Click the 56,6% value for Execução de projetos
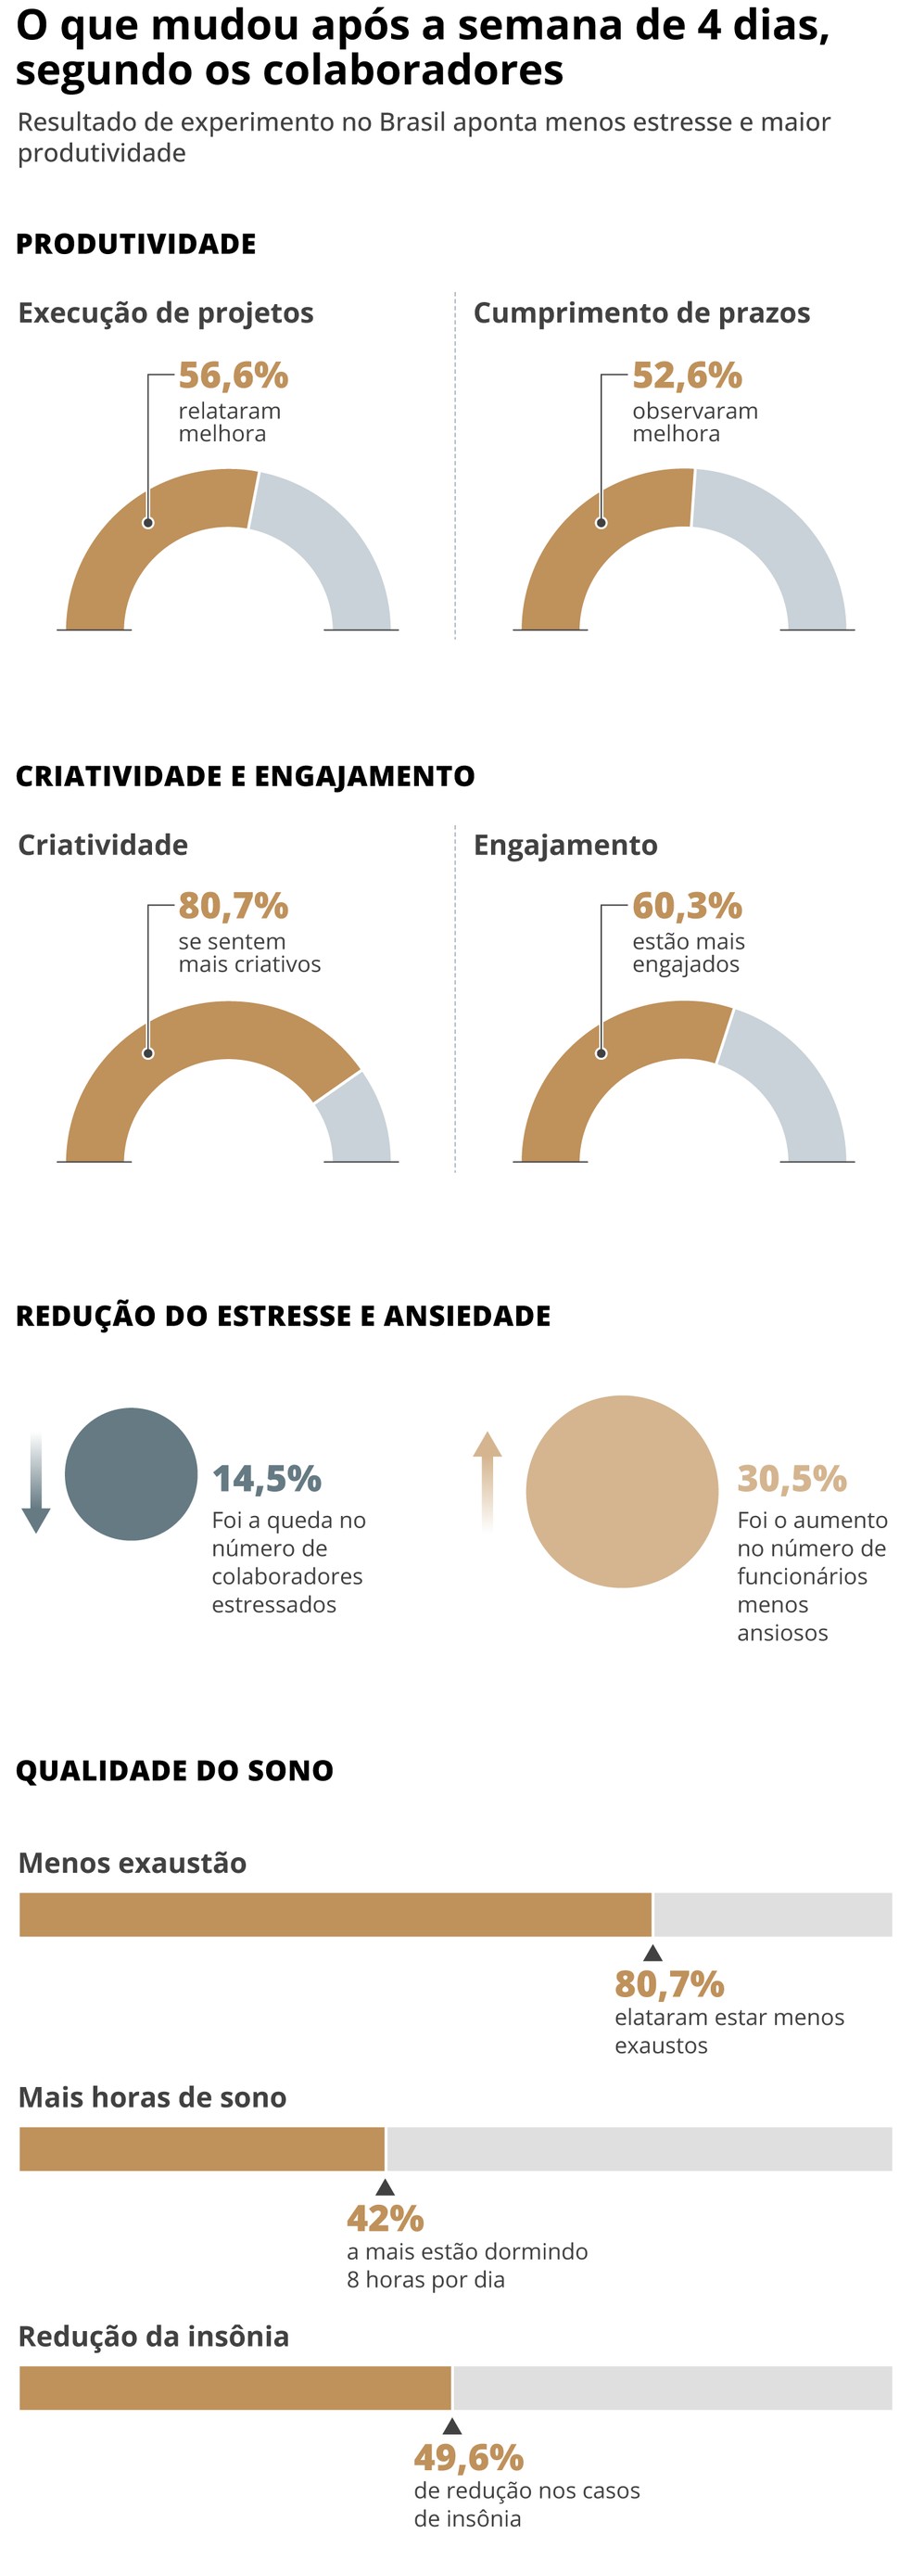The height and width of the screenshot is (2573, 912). point(233,376)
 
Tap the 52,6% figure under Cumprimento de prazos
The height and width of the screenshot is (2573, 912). point(688,376)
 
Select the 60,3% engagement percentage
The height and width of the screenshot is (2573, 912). point(688,906)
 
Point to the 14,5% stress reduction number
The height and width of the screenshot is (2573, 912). point(267,1478)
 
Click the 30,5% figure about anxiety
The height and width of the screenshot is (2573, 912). point(792,1478)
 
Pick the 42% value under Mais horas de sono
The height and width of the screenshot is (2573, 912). point(386,2219)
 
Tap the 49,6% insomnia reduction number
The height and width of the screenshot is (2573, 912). point(468,2457)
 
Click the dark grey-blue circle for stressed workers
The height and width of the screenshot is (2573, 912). point(131,1474)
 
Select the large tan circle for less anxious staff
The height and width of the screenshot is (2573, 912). point(621,1491)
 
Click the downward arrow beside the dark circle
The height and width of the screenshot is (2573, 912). point(36,1484)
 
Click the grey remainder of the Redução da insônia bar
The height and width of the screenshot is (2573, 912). point(672,2388)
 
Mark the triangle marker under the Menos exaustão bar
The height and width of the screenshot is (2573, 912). point(652,1953)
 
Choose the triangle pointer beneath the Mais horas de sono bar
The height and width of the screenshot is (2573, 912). point(385,2187)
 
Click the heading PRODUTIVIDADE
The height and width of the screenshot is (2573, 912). point(136,244)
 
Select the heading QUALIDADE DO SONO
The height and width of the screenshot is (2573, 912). point(175,1770)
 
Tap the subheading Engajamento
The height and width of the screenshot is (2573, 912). point(565,845)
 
